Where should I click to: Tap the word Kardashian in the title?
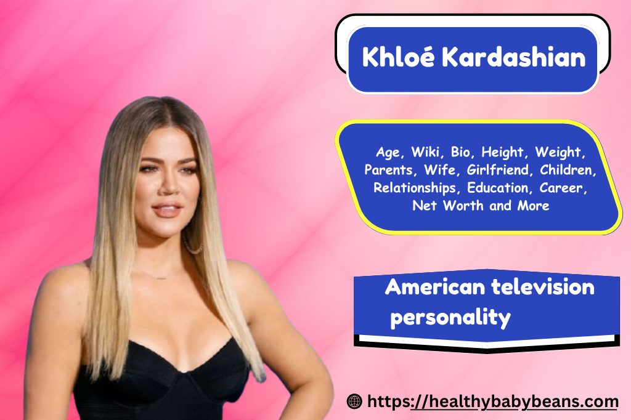[514, 57]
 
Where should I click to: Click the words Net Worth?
[448, 206]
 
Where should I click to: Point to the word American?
[435, 287]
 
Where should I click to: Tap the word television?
[543, 287]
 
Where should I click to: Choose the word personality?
[450, 318]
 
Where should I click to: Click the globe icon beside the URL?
[354, 401]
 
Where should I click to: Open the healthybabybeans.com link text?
[492, 402]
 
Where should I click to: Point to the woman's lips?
[166, 209]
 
